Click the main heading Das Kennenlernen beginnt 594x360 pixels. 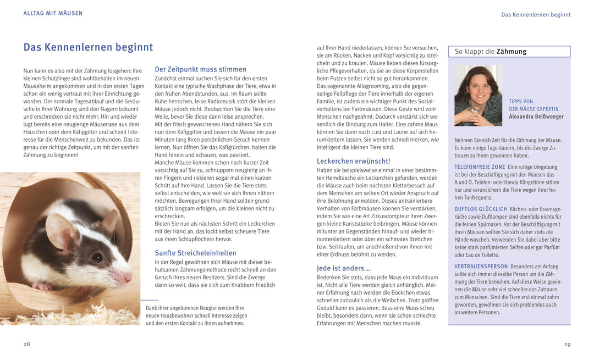pos(88,47)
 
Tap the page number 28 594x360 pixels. pos(27,344)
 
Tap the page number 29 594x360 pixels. pos(567,344)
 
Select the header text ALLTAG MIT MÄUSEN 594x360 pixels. pos(53,13)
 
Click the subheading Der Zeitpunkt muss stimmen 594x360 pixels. pos(200,69)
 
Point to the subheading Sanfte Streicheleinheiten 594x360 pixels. pos(195,253)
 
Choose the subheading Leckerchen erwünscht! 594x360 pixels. pos(353,161)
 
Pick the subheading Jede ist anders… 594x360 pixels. pos(343,268)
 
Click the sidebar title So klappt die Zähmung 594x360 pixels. pos(490,52)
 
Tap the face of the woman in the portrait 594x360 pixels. pos(477,88)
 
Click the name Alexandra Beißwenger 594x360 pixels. pos(536,117)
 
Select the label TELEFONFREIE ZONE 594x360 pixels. pos(480,167)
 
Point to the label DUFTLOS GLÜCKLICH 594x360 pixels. pos(481,209)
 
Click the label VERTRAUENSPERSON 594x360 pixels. pos(481,267)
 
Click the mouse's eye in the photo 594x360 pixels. pos(97,257)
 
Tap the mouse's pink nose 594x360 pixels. pos(129,279)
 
